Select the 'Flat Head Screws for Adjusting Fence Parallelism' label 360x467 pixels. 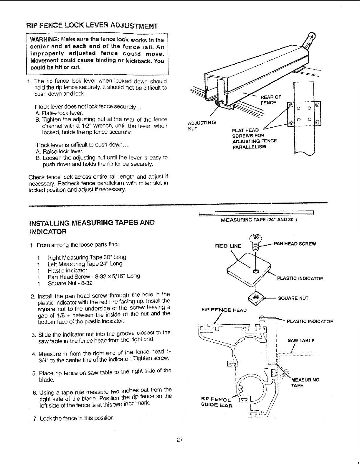click(254, 138)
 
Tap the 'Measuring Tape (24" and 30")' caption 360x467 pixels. click(256, 220)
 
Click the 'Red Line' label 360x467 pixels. click(228, 246)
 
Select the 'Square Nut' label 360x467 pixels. click(293, 298)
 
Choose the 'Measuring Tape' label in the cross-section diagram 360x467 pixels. click(305, 382)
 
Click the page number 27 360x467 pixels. click(180, 440)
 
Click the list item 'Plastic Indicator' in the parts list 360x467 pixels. click(67, 270)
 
